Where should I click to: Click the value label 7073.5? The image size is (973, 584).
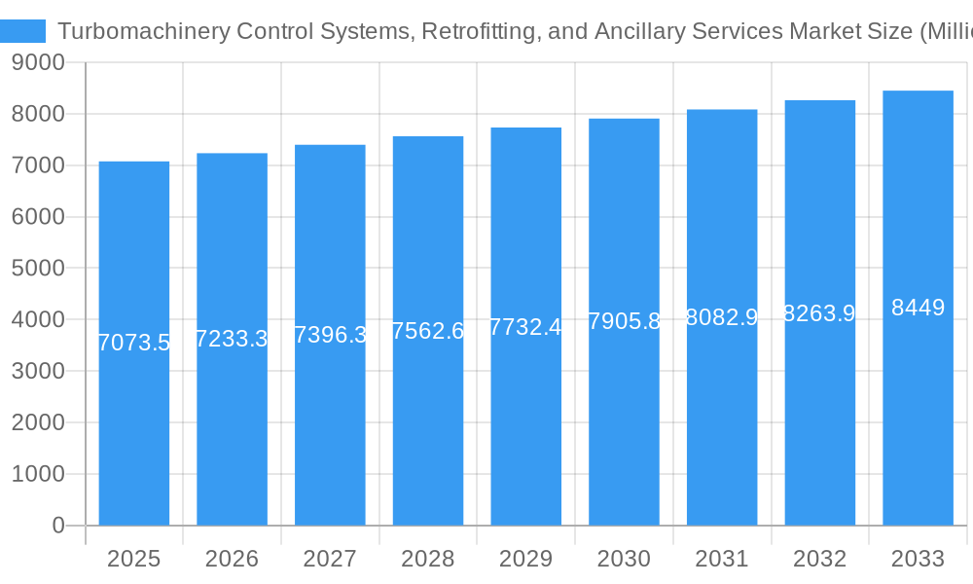(134, 343)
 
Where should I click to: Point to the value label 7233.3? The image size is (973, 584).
(232, 339)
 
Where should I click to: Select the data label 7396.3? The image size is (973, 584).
(330, 335)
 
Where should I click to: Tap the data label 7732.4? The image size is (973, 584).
(525, 327)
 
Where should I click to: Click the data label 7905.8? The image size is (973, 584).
(625, 321)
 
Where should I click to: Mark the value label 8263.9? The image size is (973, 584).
(819, 313)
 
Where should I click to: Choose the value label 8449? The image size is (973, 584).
(918, 308)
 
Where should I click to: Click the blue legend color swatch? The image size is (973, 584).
(22, 31)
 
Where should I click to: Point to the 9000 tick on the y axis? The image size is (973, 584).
(38, 63)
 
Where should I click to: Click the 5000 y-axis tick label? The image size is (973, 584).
(38, 269)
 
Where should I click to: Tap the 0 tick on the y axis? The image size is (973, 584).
(58, 526)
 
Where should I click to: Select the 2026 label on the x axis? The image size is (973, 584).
(232, 559)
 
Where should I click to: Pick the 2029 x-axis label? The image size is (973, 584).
(525, 559)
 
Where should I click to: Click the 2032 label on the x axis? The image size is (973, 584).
(819, 559)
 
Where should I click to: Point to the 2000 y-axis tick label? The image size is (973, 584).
(38, 422)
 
